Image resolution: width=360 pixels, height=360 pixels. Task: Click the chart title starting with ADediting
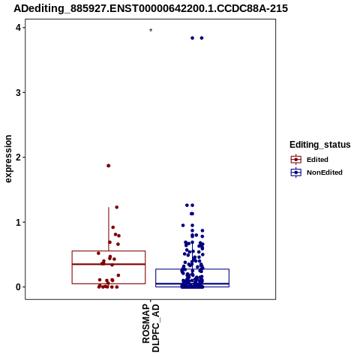151,8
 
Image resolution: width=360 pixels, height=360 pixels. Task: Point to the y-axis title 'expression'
8,159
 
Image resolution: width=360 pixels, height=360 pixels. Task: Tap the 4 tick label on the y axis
18,28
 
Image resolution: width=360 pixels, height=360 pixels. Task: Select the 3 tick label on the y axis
18,93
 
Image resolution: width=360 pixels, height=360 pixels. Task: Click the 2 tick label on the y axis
18,157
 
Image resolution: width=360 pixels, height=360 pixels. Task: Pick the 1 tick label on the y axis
18,222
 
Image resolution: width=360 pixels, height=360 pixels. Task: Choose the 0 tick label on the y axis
18,287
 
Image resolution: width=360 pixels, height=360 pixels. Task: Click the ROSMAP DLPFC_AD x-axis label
151,328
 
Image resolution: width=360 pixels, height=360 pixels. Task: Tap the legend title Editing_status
320,145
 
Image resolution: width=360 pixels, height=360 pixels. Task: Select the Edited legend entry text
317,160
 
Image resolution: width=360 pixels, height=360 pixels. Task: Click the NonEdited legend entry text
325,172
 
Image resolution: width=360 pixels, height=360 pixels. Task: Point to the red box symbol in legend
296,160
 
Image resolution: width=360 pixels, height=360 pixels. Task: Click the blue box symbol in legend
296,172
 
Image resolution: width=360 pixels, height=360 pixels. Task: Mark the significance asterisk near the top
151,31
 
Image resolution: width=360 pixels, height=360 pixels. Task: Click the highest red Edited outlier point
109,166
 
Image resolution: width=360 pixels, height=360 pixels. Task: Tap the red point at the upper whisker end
116,207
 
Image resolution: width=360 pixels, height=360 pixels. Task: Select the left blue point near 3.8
192,38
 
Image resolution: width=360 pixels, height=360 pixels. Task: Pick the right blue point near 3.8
202,38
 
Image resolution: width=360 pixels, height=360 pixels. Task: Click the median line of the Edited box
109,264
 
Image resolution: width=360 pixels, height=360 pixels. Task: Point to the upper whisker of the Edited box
109,229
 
